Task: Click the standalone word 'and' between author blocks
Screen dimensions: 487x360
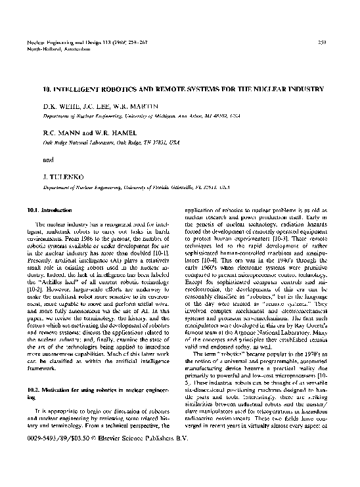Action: pos(49,159)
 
